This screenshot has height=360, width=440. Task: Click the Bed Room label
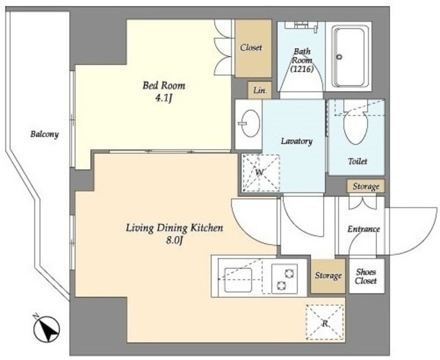click(x=164, y=85)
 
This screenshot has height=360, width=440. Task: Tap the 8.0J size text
click(x=174, y=240)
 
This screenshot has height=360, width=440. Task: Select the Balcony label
click(x=45, y=134)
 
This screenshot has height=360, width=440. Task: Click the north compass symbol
click(x=47, y=328)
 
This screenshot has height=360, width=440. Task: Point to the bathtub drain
click(x=339, y=57)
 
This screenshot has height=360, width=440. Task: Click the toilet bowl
click(x=355, y=128)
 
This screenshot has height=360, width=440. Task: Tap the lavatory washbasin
click(x=250, y=124)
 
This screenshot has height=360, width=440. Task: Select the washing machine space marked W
click(x=261, y=173)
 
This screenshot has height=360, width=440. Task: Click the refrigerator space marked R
click(x=325, y=322)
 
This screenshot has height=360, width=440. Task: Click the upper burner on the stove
click(x=289, y=273)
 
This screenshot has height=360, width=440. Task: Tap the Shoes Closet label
click(x=366, y=276)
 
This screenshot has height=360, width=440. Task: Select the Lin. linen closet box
click(x=260, y=90)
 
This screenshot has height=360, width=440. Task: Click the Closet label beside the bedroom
click(x=251, y=47)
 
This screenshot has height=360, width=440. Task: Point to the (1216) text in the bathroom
click(x=302, y=69)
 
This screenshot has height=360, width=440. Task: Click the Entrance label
click(x=364, y=229)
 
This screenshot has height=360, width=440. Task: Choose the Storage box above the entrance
click(x=366, y=186)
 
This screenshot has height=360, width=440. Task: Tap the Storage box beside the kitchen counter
click(x=328, y=276)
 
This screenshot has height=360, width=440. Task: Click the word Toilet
click(x=357, y=161)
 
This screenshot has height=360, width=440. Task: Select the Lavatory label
click(x=296, y=141)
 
